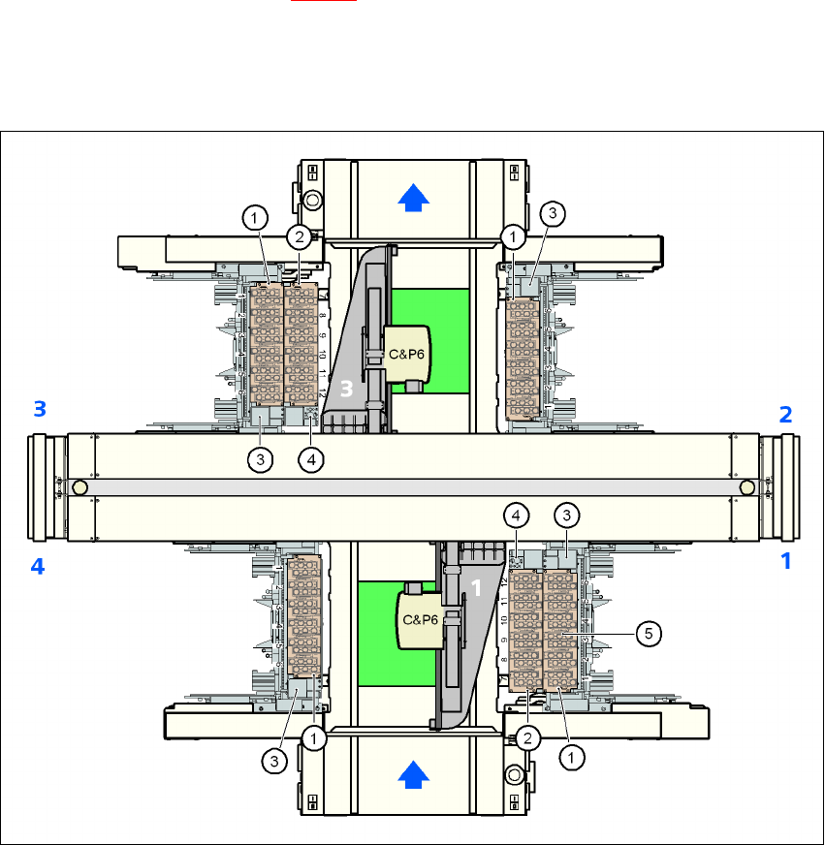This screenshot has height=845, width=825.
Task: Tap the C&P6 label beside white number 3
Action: (404, 355)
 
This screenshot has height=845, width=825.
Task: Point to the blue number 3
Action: (39, 410)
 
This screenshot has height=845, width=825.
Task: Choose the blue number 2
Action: (785, 415)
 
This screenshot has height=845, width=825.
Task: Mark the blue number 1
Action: (786, 560)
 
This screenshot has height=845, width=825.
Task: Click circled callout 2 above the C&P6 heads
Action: (300, 235)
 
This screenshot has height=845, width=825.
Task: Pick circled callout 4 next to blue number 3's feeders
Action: (310, 460)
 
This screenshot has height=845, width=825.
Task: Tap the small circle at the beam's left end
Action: (80, 486)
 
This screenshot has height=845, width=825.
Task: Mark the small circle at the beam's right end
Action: (746, 486)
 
